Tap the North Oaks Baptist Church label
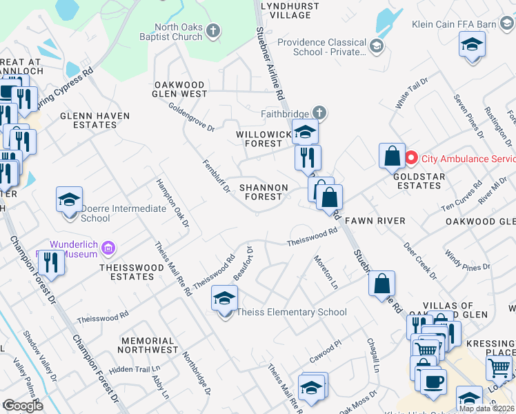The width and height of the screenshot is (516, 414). pos(169,32)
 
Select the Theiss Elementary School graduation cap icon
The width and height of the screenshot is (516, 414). pos(224,299)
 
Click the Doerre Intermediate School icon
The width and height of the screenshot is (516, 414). pos(69,200)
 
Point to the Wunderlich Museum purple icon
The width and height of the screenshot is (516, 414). pos(108,247)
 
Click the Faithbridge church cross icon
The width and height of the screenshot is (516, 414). pos(319,112)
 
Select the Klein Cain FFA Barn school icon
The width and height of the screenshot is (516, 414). pos(473,45)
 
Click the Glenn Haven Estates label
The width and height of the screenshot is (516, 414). pos(88,120)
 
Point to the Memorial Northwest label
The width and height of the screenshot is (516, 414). pos(148,345)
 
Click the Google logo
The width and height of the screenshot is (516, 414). pos(23,405)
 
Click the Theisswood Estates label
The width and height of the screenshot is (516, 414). pos(126,272)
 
